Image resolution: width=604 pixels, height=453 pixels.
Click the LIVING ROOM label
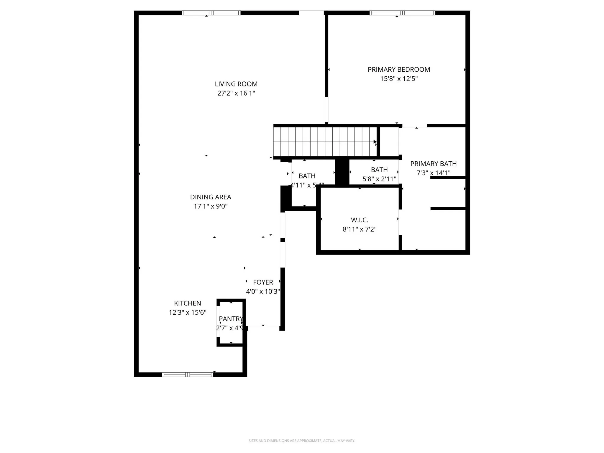[236, 84]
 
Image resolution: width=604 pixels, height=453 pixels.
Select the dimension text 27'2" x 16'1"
[236, 93]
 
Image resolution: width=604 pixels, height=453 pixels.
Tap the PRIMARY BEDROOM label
[399, 70]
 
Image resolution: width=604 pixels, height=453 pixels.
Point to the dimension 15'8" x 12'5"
[399, 79]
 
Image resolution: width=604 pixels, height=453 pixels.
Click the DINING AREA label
[211, 197]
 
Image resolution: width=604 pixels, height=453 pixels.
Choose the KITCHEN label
[188, 303]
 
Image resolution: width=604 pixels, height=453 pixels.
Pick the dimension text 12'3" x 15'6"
[188, 312]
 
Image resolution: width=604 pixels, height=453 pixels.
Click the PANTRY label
[231, 319]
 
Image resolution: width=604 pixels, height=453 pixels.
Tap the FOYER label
[263, 282]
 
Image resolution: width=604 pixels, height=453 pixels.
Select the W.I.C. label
[360, 220]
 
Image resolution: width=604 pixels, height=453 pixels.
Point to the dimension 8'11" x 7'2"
[360, 229]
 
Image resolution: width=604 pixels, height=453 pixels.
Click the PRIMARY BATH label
[433, 164]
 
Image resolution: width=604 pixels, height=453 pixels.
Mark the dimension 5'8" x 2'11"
[379, 179]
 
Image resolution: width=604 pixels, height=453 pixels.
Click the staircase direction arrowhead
[375, 142]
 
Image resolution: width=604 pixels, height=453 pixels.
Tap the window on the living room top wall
[211, 13]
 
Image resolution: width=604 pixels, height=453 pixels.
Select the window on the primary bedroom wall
[402, 13]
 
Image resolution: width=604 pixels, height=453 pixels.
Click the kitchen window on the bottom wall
[188, 375]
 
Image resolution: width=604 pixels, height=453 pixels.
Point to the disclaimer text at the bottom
[302, 441]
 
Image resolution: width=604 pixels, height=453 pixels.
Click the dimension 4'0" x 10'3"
[263, 291]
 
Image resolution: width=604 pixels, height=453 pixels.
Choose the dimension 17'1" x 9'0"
[211, 206]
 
